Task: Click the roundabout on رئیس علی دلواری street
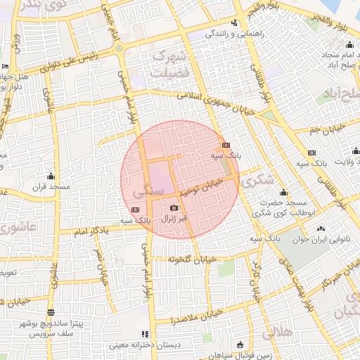click(x=120, y=48)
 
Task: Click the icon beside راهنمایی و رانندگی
click(x=209, y=33)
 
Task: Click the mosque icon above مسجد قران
click(x=50, y=176)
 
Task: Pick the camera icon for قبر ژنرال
click(x=174, y=207)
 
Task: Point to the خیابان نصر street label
click(x=103, y=266)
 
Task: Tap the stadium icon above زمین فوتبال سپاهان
click(x=240, y=345)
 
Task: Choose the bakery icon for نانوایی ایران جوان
click(x=321, y=228)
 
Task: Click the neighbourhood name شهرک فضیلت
click(x=189, y=61)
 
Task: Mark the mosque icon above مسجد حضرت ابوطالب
click(x=283, y=192)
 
